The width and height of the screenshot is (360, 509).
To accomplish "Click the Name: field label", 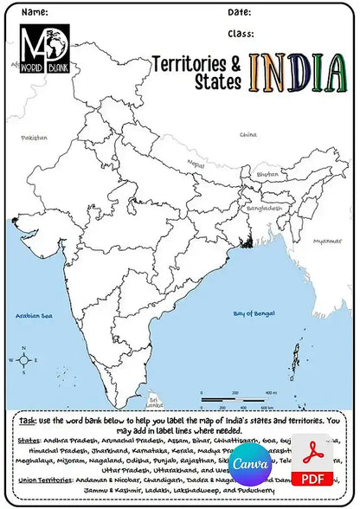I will coord(35,12).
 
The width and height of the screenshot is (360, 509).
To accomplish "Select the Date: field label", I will coord(240,12).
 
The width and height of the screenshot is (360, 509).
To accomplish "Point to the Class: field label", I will coord(241,35).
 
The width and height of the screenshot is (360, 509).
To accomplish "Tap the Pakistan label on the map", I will coord(35,137).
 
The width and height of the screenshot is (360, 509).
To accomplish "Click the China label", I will coord(248,134).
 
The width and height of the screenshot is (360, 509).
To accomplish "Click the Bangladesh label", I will coord(264,208).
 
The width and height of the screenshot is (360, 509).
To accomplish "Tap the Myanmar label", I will coord(327,240).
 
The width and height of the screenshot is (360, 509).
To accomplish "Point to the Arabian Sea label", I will coord(36,317).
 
